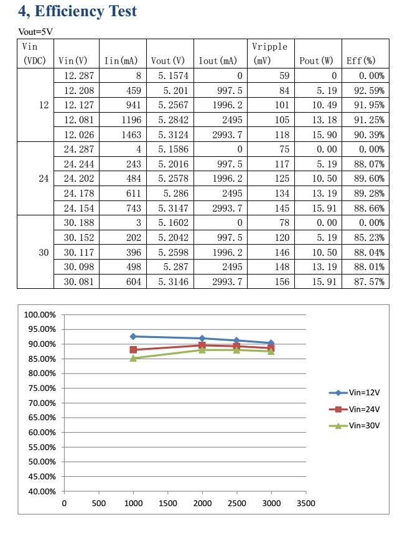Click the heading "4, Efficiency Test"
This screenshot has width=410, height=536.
pyautogui.click(x=78, y=11)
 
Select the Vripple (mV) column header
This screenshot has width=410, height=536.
pyautogui.click(x=269, y=54)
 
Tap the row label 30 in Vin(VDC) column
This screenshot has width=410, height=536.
pyautogui.click(x=44, y=252)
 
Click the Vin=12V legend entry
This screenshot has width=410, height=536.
pyautogui.click(x=355, y=393)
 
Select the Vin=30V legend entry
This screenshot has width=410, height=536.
pyautogui.click(x=355, y=426)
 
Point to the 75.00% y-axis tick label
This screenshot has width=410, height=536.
pyautogui.click(x=39, y=388)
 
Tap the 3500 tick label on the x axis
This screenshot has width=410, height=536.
pyautogui.click(x=305, y=504)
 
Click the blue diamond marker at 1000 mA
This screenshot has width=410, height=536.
pyautogui.click(x=133, y=336)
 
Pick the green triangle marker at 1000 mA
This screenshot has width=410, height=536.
pyautogui.click(x=133, y=358)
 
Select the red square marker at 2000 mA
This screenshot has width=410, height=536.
pyautogui.click(x=202, y=345)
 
